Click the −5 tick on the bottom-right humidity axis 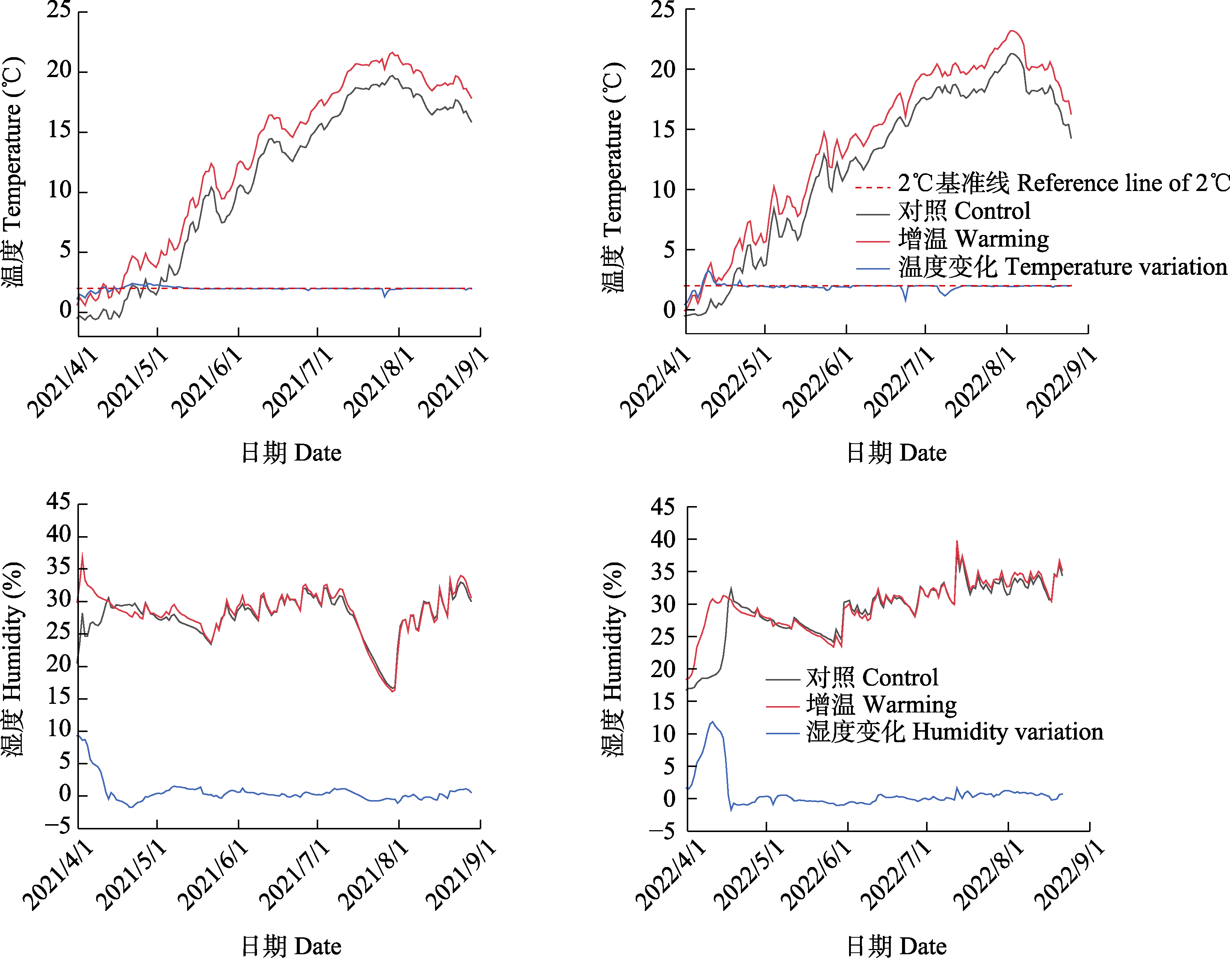click(662, 831)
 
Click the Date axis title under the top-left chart click(291, 453)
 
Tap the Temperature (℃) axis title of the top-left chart click(12, 172)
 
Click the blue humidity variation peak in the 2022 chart click(712, 722)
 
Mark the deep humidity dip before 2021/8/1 click(393, 690)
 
